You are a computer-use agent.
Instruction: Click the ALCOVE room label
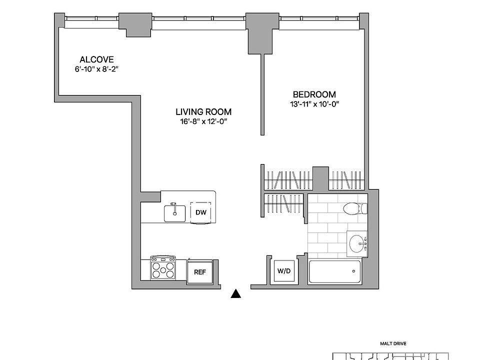96,59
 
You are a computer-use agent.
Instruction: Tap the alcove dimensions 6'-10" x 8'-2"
96,69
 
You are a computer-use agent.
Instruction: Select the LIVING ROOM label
203,111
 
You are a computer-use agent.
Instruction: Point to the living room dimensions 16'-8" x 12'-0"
203,121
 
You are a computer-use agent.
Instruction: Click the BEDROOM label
314,94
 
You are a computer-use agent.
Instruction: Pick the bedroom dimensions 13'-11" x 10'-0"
314,104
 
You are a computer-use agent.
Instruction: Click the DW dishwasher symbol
201,212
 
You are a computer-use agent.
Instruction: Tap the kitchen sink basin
175,213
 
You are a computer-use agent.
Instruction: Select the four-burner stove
163,267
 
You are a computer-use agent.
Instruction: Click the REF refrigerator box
200,272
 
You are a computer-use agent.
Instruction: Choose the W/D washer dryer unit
284,271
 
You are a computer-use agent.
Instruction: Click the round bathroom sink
357,243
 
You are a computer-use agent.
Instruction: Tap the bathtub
334,271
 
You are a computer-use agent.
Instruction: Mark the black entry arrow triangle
235,293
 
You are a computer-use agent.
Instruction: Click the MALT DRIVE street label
393,344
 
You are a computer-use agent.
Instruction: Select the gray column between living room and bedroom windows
262,33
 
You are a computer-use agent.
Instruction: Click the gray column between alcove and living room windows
135,25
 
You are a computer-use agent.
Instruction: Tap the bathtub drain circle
353,271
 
